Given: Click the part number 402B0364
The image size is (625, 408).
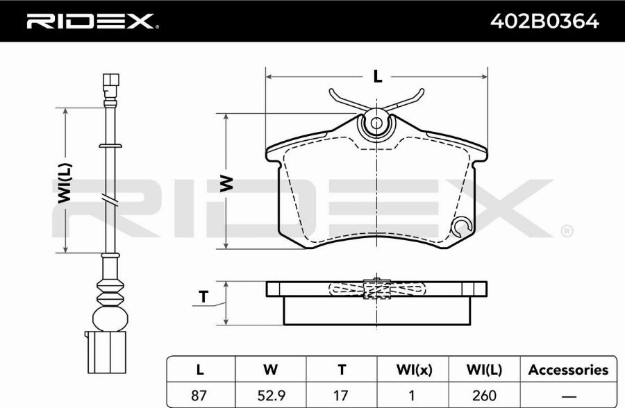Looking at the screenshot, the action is [544, 21].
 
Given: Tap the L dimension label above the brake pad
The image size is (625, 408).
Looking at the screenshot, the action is [377, 76].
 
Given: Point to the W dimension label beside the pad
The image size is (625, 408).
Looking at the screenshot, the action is [226, 183].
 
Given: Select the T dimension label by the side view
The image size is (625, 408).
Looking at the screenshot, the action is [203, 296].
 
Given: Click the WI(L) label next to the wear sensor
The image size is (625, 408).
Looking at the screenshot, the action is [65, 183].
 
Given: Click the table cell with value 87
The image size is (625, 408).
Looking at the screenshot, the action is [199, 396].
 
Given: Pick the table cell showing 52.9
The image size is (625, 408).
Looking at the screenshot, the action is [271, 396].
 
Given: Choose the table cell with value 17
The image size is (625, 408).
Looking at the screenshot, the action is [341, 396].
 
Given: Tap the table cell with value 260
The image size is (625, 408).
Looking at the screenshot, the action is [484, 396].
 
